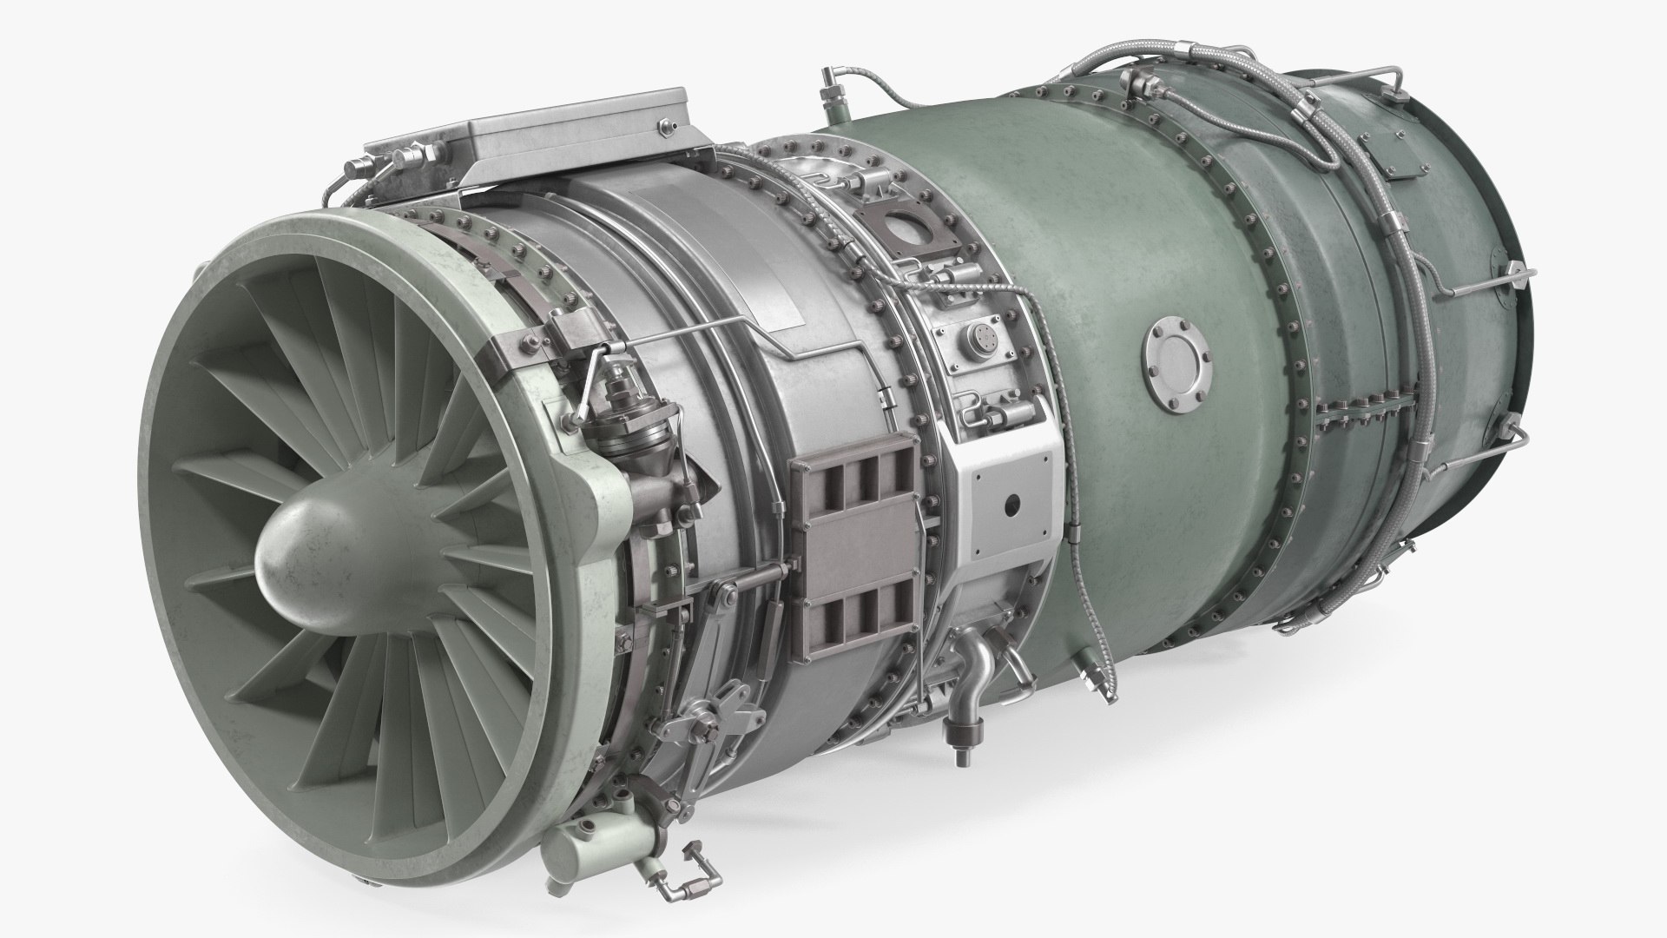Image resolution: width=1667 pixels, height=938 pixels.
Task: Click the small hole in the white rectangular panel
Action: tap(1010, 504)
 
